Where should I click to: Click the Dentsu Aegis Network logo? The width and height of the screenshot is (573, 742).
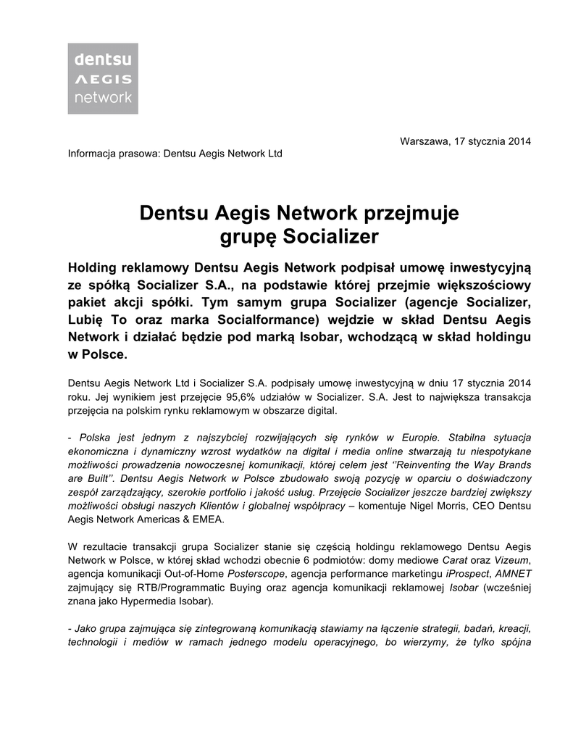point(103,78)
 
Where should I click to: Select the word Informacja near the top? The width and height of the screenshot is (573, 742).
point(91,154)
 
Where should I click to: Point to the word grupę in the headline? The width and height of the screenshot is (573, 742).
point(248,236)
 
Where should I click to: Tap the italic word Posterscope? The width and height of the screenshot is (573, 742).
point(253,573)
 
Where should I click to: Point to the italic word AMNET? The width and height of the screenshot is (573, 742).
point(512,573)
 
